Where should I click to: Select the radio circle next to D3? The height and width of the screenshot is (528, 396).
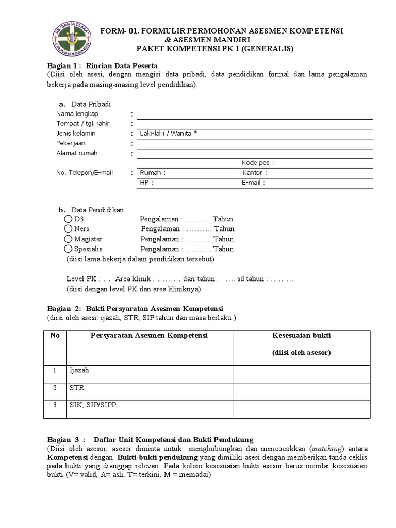pos(69,219)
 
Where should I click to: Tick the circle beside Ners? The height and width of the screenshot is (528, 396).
pos(69,229)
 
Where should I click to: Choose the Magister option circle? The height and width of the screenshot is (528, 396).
pos(69,239)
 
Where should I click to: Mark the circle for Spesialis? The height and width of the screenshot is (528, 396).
pos(69,249)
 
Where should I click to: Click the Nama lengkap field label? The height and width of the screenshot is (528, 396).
pos(77,113)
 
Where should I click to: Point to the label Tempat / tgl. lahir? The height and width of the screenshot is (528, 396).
pos(83,124)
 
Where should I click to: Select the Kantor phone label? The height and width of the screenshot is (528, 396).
pos(254,173)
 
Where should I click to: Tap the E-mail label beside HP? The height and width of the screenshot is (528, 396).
pos(253,183)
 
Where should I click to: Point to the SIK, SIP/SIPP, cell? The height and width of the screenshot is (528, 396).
pos(94,406)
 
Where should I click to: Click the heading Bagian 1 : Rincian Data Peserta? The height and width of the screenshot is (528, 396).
pos(102,65)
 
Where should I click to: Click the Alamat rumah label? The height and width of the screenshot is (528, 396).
pos(77,153)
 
